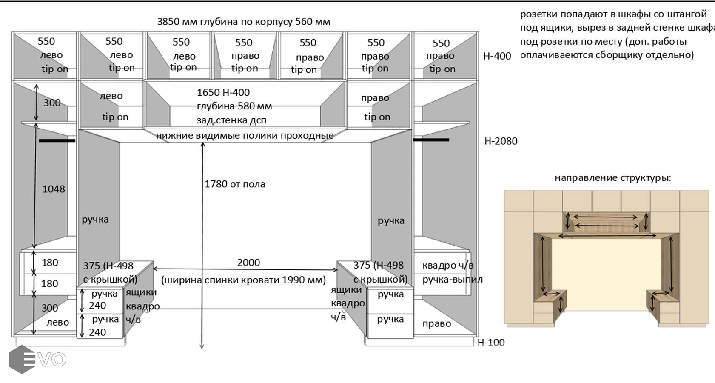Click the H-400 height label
(x=497, y=56)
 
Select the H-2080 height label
(x=501, y=141)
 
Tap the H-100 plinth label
(x=491, y=343)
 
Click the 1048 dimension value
(x=54, y=189)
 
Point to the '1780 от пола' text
(x=235, y=184)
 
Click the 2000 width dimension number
(x=248, y=263)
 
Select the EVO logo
(x=37, y=360)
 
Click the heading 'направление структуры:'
(x=612, y=178)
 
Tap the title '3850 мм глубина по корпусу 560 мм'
(x=243, y=22)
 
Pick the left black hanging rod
(x=57, y=140)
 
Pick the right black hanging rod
(x=431, y=140)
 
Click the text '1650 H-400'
(x=223, y=93)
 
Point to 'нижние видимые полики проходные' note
(x=245, y=136)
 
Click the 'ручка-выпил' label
(x=453, y=280)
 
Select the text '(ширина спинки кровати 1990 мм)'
(x=243, y=280)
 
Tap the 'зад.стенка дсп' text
(x=231, y=120)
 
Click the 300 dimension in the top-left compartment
(x=52, y=103)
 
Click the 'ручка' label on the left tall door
(x=95, y=220)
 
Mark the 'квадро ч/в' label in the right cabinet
(x=447, y=266)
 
